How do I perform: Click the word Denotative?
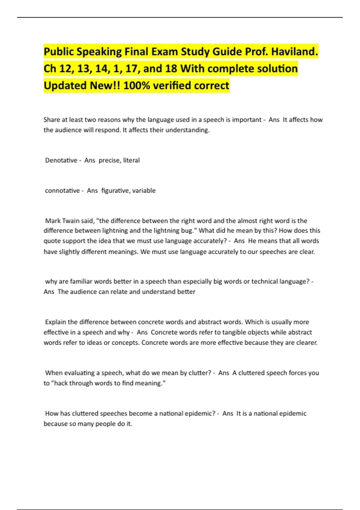pos(61,160)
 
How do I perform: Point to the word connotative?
pos(62,190)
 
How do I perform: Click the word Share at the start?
pos(52,120)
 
